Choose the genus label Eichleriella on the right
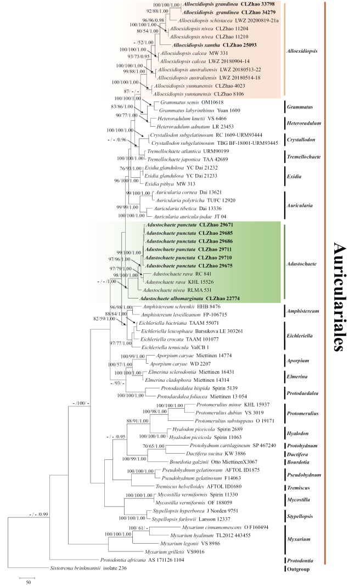pos(305,335)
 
